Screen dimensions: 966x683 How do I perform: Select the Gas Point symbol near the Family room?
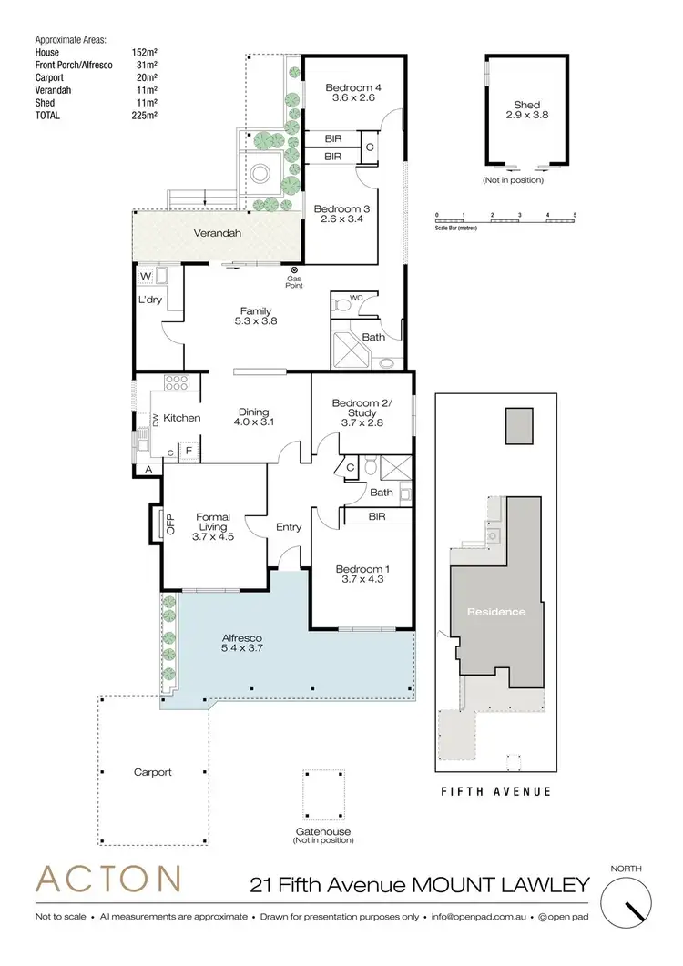[294, 270]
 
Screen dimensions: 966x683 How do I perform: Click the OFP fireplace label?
[169, 526]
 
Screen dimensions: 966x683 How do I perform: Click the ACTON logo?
[107, 879]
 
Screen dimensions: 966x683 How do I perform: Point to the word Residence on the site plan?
[497, 611]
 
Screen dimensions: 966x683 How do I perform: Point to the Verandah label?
[218, 234]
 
